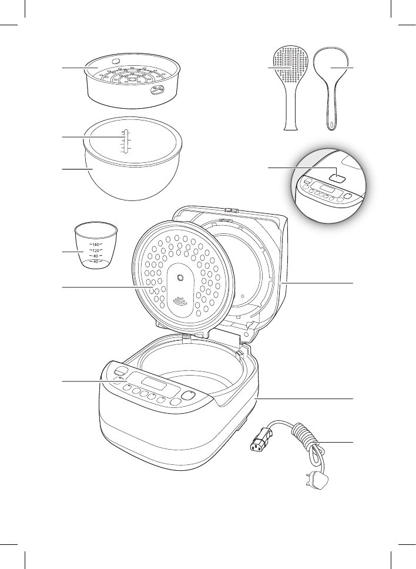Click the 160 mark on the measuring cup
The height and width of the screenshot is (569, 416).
click(96, 244)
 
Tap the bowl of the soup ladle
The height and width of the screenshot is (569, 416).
click(333, 66)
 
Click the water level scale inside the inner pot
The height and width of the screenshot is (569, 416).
click(125, 142)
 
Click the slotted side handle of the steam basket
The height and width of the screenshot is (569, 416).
click(157, 90)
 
